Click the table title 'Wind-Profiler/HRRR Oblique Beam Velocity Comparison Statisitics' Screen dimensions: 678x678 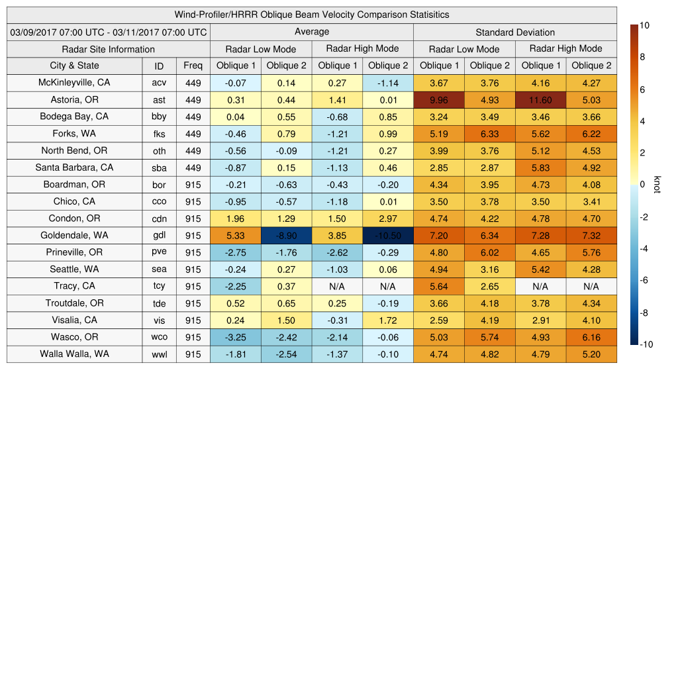pos(312,15)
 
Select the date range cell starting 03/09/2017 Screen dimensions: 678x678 pos(109,32)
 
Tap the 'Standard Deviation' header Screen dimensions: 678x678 pos(515,32)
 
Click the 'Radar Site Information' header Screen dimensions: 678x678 pos(109,49)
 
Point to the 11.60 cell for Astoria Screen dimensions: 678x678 pos(540,100)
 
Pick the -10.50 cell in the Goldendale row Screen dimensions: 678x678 pos(388,236)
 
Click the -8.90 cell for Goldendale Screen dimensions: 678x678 pos(286,236)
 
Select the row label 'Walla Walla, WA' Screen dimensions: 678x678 pos(74,354)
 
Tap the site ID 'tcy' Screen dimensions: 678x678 pos(159,287)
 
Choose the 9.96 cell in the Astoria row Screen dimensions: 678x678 pos(438,100)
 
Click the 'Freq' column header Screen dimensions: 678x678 pos(193,66)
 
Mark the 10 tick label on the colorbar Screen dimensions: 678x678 pos(644,25)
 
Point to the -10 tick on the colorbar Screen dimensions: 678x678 pos(646,344)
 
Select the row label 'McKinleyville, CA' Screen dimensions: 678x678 pos(74,83)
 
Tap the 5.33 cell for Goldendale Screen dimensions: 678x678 pos(236,236)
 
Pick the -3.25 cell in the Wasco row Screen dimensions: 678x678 pos(236,338)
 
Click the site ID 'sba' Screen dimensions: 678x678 pos(159,168)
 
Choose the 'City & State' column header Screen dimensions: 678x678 pos(74,66)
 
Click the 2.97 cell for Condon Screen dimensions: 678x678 pos(388,218)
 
